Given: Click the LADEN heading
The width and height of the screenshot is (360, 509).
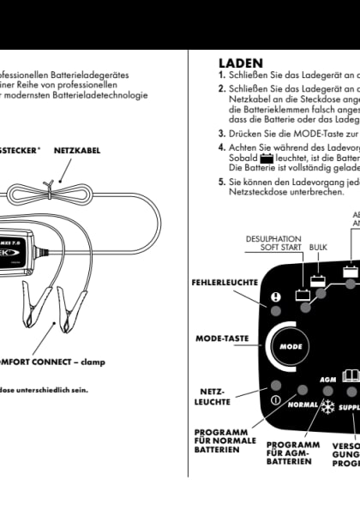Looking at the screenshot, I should point(241,63).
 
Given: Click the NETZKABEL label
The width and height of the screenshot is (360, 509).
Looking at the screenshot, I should point(77,150).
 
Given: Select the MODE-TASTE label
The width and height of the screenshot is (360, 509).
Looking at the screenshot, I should point(222,338).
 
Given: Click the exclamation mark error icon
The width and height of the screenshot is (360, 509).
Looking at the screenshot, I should point(276,299).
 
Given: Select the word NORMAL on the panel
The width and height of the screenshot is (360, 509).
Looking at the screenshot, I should point(303,404).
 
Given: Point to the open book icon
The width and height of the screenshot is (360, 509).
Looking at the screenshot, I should point(350,376).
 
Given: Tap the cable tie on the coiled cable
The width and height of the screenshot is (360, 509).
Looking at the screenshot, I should point(51,184).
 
